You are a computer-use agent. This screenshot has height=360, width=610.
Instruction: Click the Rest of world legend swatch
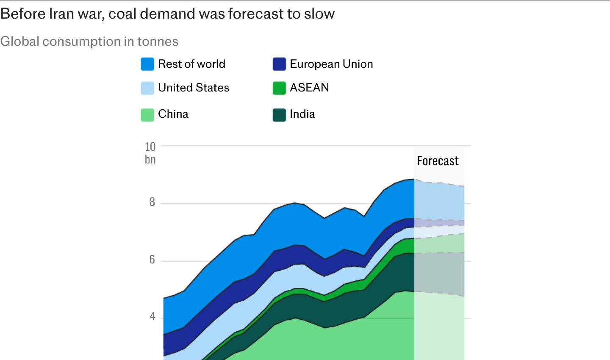pyautogui.click(x=147, y=64)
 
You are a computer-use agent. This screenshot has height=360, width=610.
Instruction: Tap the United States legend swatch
pyautogui.click(x=147, y=88)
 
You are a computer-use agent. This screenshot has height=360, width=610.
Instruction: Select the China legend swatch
pyautogui.click(x=147, y=115)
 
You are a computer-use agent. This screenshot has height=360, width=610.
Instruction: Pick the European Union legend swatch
pyautogui.click(x=279, y=64)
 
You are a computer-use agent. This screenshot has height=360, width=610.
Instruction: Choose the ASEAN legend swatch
pyautogui.click(x=279, y=88)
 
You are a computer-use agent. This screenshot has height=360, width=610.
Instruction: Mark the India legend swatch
pyautogui.click(x=279, y=115)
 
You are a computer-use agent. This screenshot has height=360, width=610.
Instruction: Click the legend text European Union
pyautogui.click(x=331, y=64)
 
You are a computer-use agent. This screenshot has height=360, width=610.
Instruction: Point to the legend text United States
pyautogui.click(x=194, y=88)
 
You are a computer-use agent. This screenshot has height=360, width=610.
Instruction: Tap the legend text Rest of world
pyautogui.click(x=192, y=64)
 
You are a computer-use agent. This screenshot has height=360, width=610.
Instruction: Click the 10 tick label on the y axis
pyautogui.click(x=150, y=147)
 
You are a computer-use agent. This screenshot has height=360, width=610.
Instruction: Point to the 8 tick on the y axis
pyautogui.click(x=152, y=202)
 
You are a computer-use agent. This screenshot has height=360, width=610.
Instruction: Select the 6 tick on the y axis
pyautogui.click(x=152, y=260)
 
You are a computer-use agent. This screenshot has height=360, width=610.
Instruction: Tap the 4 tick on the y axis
pyautogui.click(x=152, y=316)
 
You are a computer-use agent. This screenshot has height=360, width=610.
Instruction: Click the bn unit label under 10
pyautogui.click(x=150, y=160)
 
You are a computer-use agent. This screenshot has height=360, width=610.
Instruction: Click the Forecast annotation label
pyautogui.click(x=438, y=161)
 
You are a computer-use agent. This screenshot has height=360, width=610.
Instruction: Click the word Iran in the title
pyautogui.click(x=61, y=14)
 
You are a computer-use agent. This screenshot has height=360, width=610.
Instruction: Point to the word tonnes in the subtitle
pyautogui.click(x=158, y=42)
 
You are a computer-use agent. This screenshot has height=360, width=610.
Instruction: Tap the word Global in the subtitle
pyautogui.click(x=20, y=42)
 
